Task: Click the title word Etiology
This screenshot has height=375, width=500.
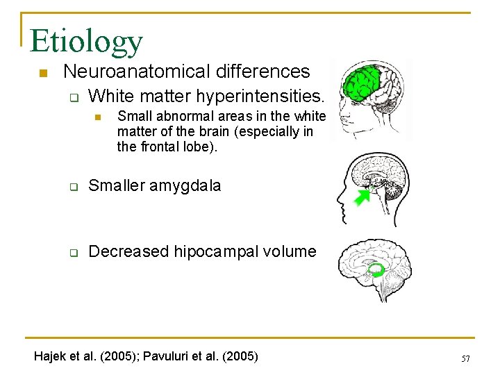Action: pyautogui.click(x=86, y=41)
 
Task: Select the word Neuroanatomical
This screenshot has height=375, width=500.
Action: pyautogui.click(x=123, y=71)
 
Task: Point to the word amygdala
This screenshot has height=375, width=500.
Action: pyautogui.click(x=188, y=185)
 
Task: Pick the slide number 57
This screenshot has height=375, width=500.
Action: pyautogui.click(x=465, y=358)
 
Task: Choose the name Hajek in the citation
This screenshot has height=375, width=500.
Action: pyautogui.click(x=51, y=356)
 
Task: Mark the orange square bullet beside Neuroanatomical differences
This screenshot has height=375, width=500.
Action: pyautogui.click(x=42, y=72)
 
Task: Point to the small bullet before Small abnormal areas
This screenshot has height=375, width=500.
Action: pyautogui.click(x=98, y=116)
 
